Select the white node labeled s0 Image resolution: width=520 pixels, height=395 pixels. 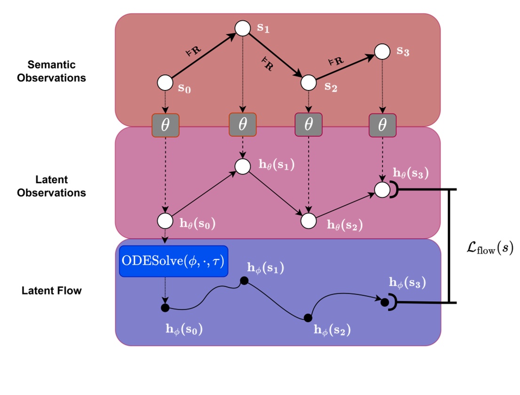pos(165,83)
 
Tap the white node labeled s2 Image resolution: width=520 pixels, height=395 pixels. pos(308,82)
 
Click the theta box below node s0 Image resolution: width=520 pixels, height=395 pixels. pos(165,125)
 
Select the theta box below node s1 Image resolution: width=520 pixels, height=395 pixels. pos(243,125)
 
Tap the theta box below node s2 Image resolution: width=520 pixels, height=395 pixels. pos(308,125)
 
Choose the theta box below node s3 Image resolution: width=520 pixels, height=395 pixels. pos(382,125)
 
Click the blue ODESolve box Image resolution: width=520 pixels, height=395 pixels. pos(173,261)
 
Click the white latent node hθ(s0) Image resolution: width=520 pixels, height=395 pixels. pos(165,220)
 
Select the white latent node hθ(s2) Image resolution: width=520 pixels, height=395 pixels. pos(308,220)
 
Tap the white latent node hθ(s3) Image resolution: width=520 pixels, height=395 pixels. pos(382,190)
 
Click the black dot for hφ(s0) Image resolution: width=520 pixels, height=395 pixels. pos(165,308)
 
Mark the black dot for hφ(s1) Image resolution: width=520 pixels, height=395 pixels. pos(244,281)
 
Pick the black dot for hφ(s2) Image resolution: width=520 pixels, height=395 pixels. pos(308,318)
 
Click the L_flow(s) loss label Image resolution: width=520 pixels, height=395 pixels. pos(487,248)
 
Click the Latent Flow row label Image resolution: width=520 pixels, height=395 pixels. pos(52,290)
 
